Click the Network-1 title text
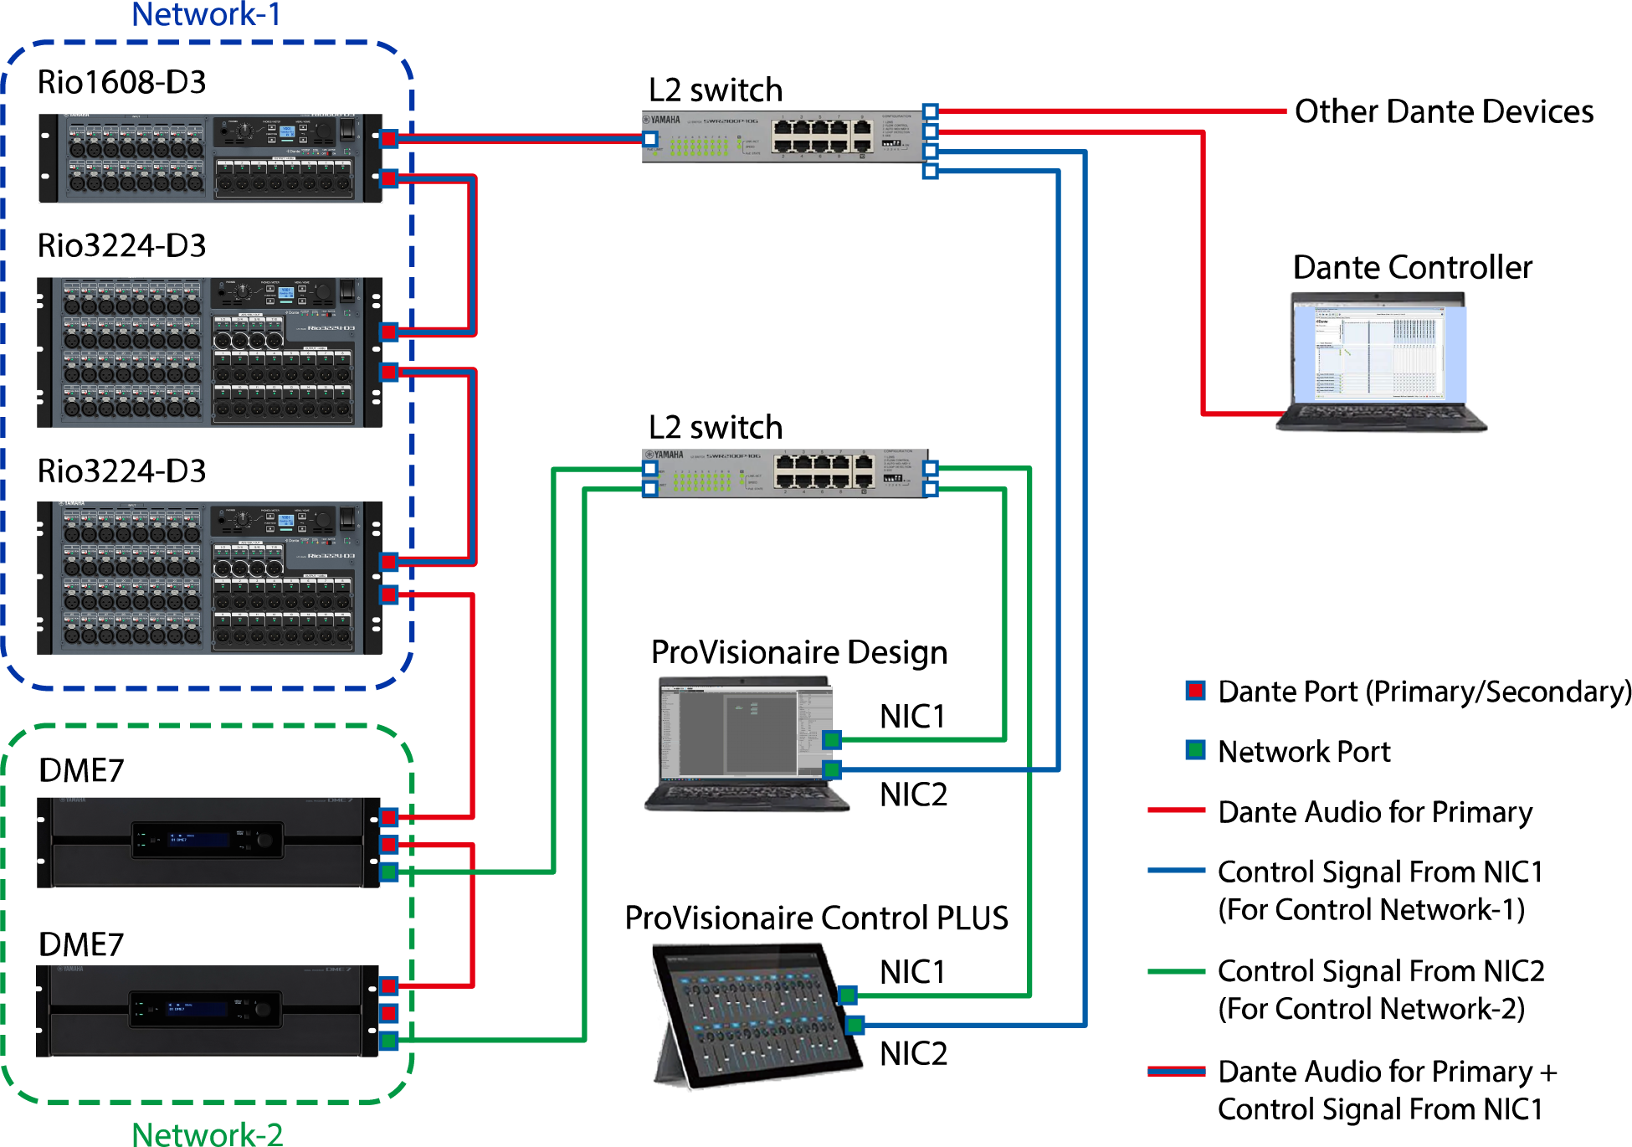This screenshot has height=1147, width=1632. coord(206,14)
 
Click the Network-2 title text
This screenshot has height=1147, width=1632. coord(207,1134)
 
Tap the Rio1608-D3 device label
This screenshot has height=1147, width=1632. coord(121,82)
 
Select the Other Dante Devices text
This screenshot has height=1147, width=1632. coord(1443,111)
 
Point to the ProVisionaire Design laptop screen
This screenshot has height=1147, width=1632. coord(736,733)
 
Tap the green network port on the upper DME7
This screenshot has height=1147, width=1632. coord(388,872)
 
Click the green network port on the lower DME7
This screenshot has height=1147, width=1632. coord(388,1041)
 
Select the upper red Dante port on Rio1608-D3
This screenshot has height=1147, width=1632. coord(388,138)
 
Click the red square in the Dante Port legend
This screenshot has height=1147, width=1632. coord(1195,691)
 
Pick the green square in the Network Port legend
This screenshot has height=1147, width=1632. coord(1195,749)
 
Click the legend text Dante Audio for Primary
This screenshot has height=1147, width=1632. coord(1374,812)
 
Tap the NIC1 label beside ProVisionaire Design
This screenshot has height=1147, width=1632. coord(912,717)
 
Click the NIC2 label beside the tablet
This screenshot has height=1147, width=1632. coord(913,1053)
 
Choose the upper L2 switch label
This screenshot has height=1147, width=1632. coord(715,90)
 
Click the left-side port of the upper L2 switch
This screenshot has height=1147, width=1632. coord(650,139)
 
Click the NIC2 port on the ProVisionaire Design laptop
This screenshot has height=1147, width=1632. coord(831,769)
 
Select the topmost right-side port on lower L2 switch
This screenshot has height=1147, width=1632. coord(930,468)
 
